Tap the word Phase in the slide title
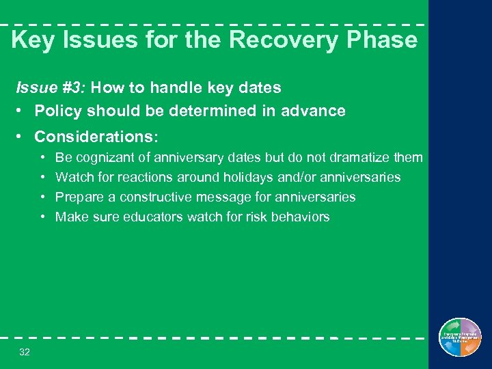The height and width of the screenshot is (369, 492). (381, 40)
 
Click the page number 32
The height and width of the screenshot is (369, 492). (25, 352)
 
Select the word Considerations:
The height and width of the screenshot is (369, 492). (96, 137)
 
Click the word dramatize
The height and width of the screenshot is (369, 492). (358, 158)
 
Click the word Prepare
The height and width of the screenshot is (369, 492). (77, 197)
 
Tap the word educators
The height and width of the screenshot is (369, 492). (144, 217)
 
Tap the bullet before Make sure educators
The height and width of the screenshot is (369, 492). (43, 217)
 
